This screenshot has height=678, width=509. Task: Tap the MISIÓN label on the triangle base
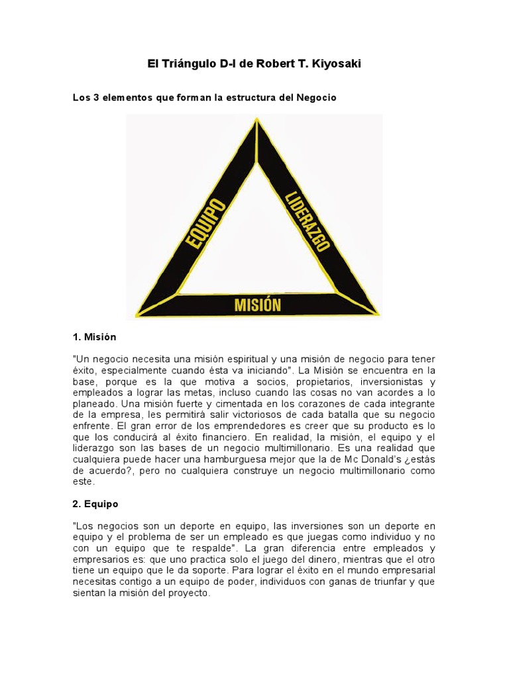[258, 305]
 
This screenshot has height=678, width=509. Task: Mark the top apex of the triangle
[256, 120]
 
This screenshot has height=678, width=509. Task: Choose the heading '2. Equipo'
[95, 504]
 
